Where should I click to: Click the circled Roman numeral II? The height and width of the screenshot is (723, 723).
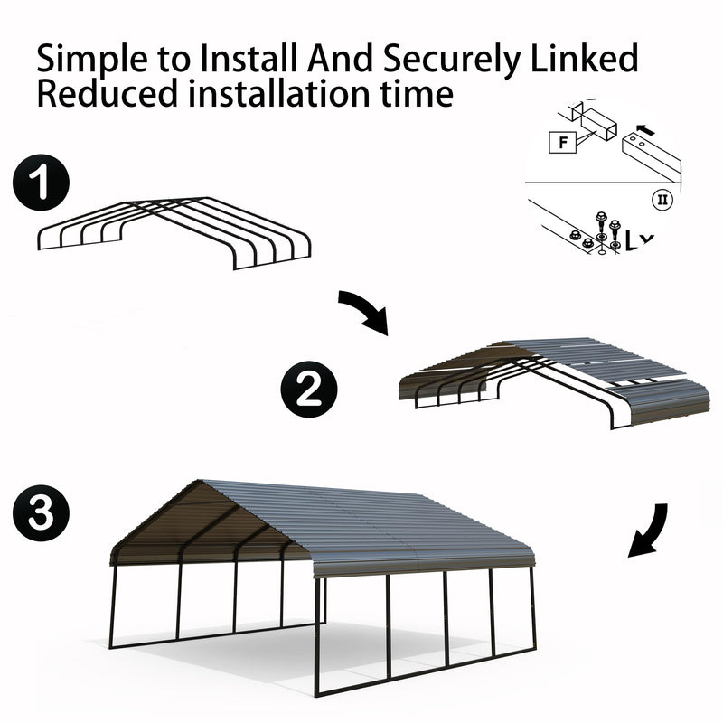tap(662, 198)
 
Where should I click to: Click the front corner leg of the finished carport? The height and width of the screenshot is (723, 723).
tap(316, 633)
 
